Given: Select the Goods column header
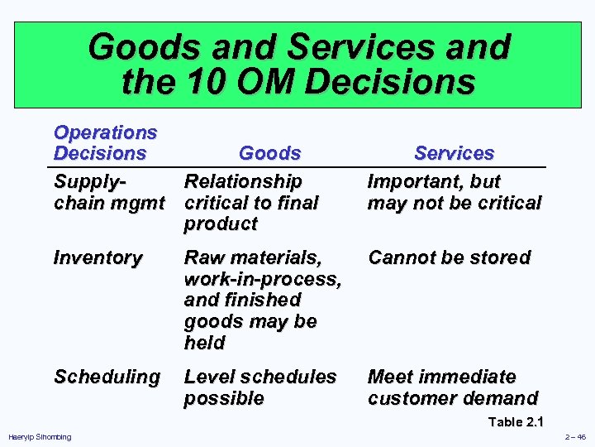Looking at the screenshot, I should coord(269,153).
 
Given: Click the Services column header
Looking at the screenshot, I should coord(454,153).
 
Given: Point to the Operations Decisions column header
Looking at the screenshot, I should coord(105,142).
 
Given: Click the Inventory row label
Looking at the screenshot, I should coord(97,258).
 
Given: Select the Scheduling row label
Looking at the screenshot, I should coord(107,377).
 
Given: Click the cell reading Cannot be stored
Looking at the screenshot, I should coord(449,258).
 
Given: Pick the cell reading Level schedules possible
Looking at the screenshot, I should coord(259,387).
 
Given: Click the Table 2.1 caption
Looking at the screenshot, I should coord(516,422).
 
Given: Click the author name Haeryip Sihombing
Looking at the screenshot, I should coord(40,437).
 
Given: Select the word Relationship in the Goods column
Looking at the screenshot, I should coord(243,180).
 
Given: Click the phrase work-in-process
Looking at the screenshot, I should coord(262,279).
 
